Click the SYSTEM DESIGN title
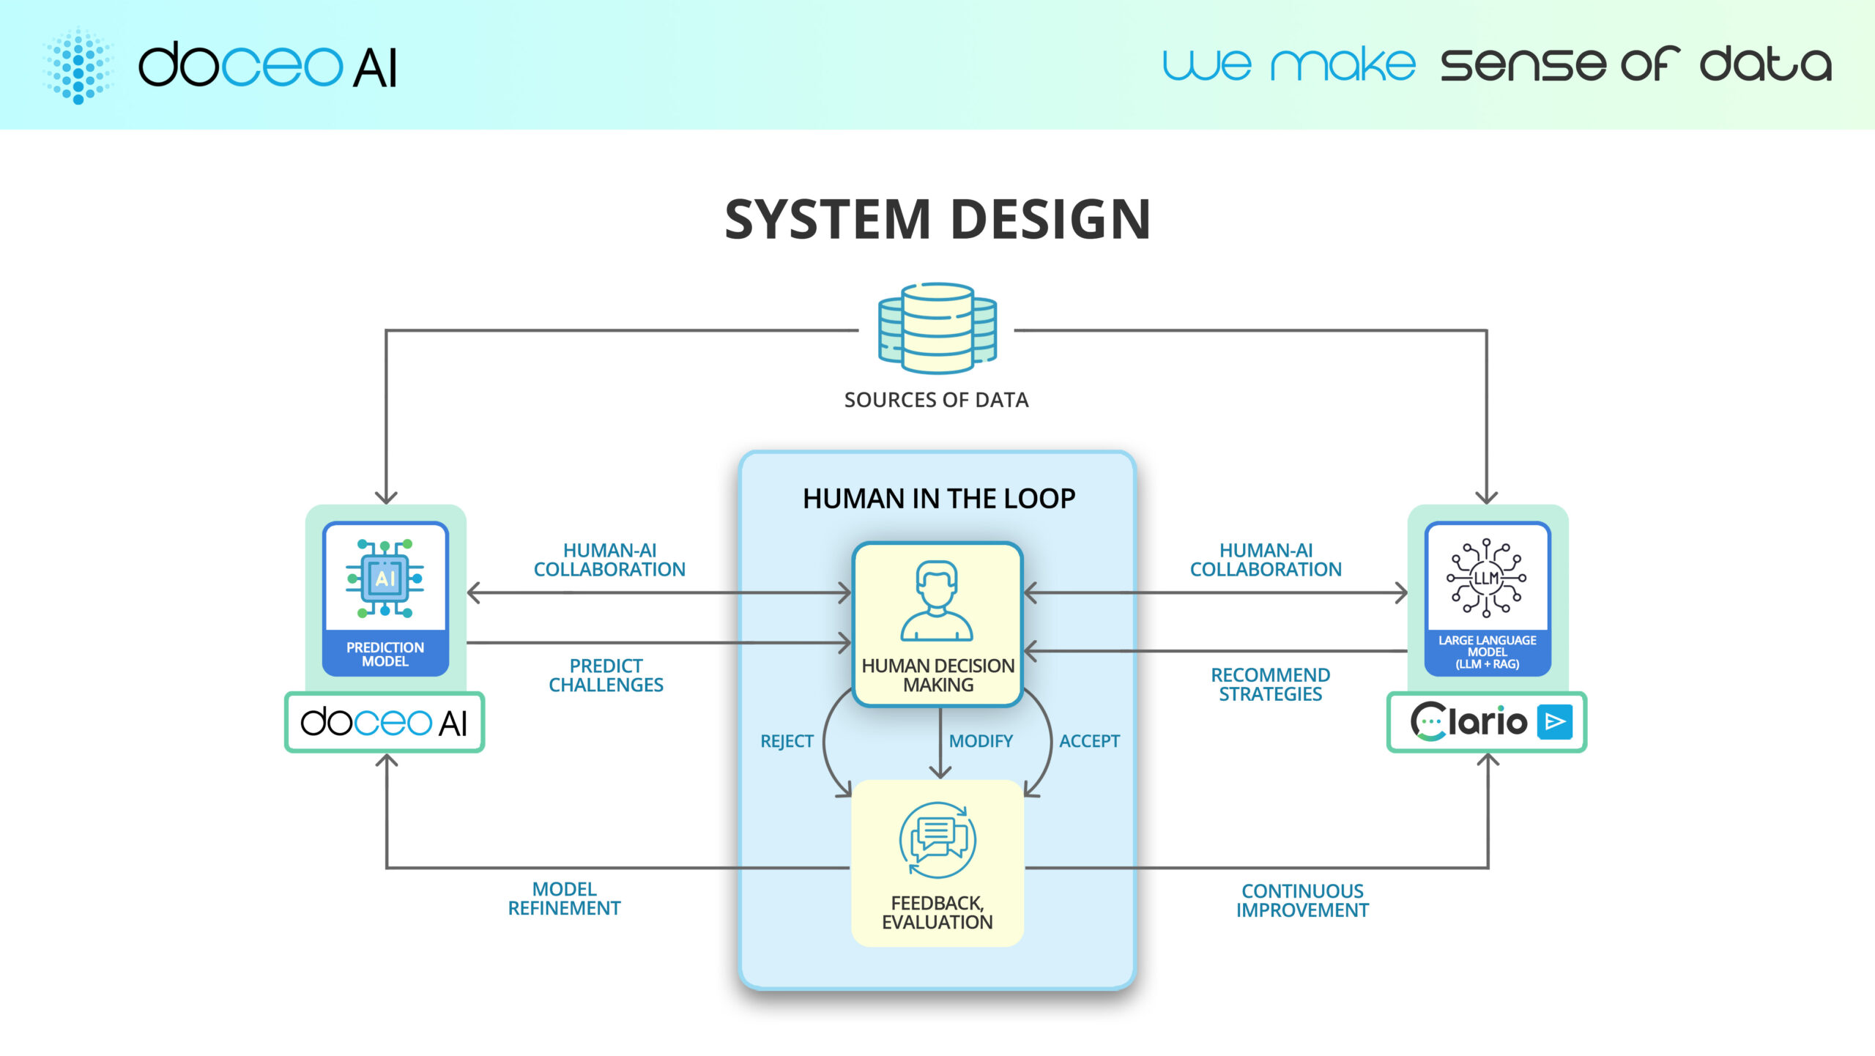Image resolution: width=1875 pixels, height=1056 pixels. coord(937,220)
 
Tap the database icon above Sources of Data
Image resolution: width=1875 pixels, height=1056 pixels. coord(937,328)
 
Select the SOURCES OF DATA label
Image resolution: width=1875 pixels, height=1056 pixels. coord(936,400)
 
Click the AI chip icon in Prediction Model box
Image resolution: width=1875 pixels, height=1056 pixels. coord(385,579)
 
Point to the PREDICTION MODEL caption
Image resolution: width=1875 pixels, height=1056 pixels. coord(385,654)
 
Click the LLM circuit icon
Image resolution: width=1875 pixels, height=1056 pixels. coord(1486,578)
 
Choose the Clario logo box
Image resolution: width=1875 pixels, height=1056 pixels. coord(1487,722)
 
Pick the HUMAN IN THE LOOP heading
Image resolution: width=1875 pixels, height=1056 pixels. coord(938,499)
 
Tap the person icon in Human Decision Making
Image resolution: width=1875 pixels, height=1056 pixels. coord(937,600)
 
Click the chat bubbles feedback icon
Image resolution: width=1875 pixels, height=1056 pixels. coord(937,840)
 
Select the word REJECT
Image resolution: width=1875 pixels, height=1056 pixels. coord(787,741)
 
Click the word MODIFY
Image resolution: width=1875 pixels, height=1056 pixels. coord(981,741)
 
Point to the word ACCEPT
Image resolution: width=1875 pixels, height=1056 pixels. coord(1089,741)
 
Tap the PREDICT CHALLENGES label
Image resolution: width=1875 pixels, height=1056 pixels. coord(606,675)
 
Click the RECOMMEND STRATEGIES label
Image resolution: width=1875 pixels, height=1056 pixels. coord(1270,684)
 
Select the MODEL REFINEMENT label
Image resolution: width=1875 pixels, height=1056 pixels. coord(564,899)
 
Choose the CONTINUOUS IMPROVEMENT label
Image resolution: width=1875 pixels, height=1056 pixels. coord(1302,901)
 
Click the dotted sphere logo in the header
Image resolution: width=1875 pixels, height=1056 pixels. coord(78,66)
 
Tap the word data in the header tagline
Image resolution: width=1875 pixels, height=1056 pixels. coord(1765,64)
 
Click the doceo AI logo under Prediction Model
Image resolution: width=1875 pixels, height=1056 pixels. coord(385,723)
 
